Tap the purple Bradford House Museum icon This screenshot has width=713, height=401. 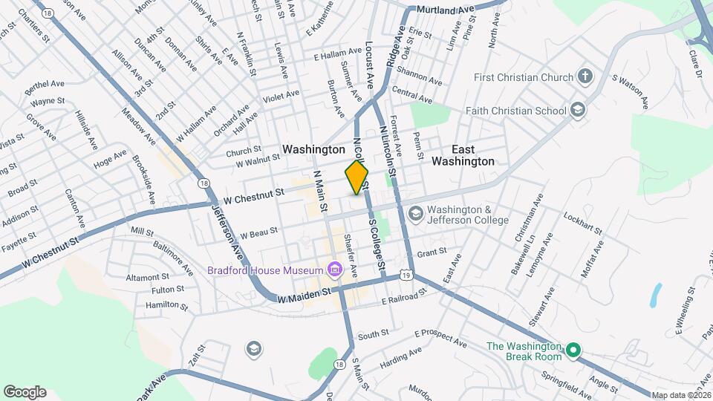tap(334, 268)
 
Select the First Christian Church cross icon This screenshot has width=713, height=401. tap(585, 76)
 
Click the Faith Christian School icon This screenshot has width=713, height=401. tap(578, 111)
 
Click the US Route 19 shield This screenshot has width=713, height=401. tap(406, 275)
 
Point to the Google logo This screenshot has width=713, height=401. tap(25, 391)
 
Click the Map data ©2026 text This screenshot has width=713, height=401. tap(681, 395)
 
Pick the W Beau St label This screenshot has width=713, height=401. tap(260, 231)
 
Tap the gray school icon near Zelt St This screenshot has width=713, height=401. tap(253, 348)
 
